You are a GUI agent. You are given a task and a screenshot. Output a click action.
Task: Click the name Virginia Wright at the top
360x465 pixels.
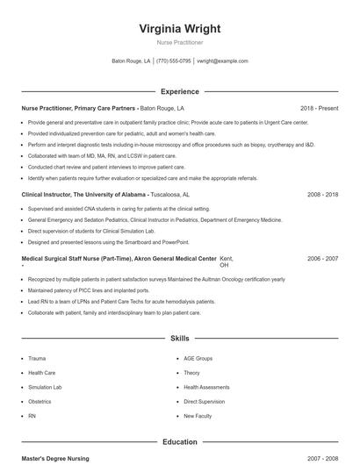[179, 28]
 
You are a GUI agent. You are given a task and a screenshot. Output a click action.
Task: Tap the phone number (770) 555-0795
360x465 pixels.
[174, 61]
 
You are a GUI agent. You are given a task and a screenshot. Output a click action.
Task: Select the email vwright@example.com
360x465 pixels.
[222, 61]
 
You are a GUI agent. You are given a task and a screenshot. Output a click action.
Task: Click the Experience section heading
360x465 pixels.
[179, 91]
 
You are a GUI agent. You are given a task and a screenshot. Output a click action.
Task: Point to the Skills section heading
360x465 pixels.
[179, 338]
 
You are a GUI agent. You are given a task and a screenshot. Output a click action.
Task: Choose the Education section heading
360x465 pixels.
[179, 442]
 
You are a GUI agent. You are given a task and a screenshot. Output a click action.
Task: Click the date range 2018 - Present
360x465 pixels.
[319, 108]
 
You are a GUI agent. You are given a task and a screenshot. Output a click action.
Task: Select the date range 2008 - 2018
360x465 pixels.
[322, 194]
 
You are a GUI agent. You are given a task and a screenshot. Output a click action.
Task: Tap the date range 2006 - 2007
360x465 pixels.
[322, 259]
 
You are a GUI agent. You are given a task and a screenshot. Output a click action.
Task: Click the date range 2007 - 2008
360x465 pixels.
[322, 459]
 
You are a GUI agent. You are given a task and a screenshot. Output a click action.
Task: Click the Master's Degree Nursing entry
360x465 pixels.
[55, 459]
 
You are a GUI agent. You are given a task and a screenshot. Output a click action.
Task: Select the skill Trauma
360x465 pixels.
[37, 358]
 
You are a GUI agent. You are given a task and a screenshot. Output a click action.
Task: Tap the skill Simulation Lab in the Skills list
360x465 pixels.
[45, 387]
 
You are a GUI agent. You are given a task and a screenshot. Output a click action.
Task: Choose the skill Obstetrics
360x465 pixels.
[40, 401]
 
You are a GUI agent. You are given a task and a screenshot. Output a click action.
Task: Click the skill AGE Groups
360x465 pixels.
[198, 358]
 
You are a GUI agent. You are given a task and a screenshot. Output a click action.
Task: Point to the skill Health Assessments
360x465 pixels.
[206, 387]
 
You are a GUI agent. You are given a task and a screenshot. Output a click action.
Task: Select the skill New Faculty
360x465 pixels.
[198, 415]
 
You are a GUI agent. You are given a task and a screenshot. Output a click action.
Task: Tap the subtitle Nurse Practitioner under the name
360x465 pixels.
[179, 42]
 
